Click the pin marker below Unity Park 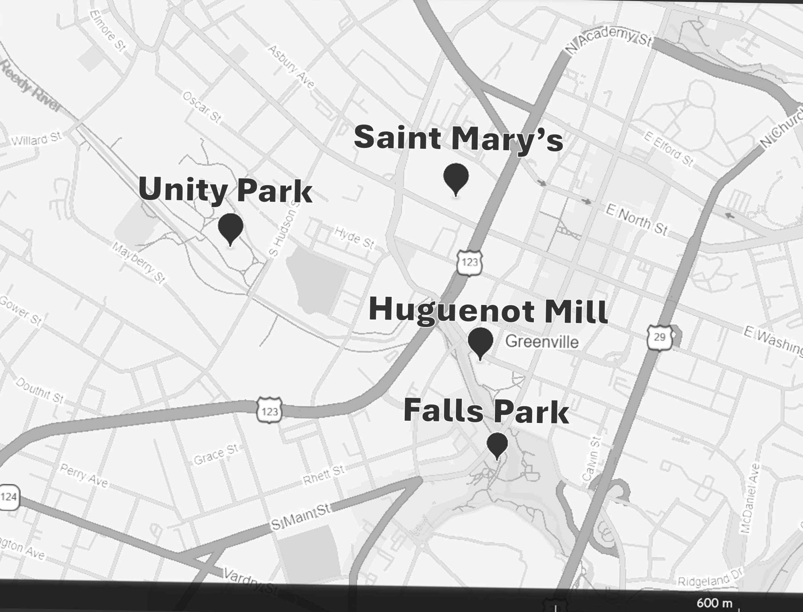point(230,228)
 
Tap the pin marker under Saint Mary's point(456,178)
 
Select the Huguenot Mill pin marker point(480,342)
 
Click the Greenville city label point(542,342)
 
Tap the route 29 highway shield point(659,337)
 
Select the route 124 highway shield point(9,497)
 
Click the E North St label point(636,220)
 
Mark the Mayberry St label point(139,262)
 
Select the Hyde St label point(354,238)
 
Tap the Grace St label point(216,454)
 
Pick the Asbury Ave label point(291,67)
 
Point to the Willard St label point(36,139)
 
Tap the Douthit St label point(39,391)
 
